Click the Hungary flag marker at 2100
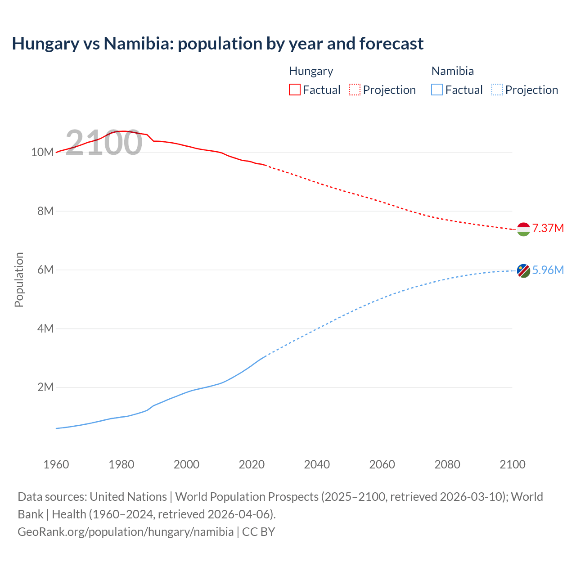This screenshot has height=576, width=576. pos(523,229)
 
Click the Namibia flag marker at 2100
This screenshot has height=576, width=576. pos(523,270)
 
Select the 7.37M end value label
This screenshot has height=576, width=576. pos(548,228)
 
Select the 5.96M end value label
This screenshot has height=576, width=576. pos(548,270)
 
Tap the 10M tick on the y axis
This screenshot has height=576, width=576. pos(42,153)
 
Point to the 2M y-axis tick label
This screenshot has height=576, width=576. pos(45,387)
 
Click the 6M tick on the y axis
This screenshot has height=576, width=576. pos(45,270)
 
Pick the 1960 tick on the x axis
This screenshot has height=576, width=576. pos(56,464)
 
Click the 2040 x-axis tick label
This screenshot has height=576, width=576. pos(317,464)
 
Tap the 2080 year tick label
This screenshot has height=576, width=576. pos(447,464)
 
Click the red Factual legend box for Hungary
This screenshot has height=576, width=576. pos(295,90)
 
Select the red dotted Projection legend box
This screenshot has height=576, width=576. pos(355,90)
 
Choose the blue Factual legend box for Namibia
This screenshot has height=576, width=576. pos(437,90)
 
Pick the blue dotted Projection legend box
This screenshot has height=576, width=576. pos(497,90)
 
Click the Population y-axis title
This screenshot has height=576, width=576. pos(19,279)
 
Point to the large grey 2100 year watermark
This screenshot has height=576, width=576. pos(104,143)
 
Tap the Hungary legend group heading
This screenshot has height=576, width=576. pos(311,71)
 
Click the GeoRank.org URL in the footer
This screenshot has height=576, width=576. pos(126,531)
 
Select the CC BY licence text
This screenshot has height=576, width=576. pos(258,531)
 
